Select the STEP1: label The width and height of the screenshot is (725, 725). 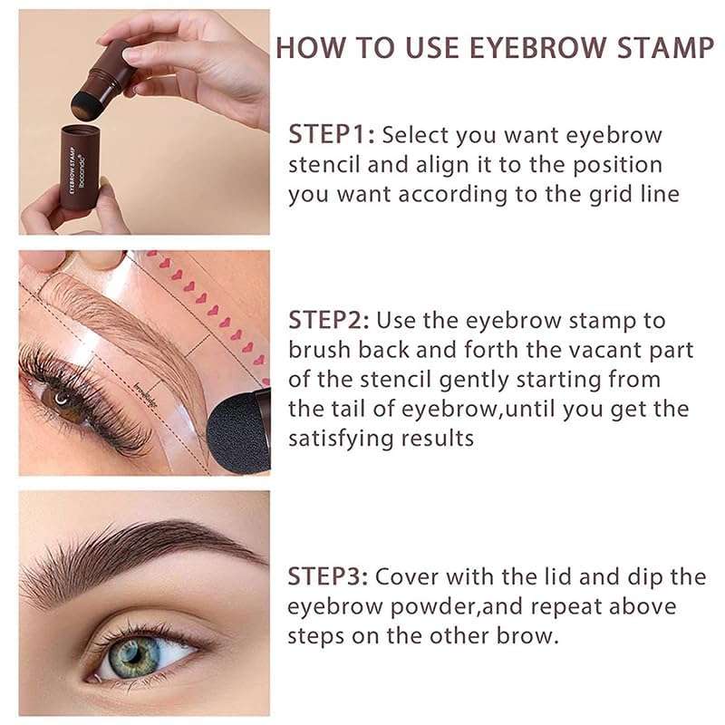point(331,136)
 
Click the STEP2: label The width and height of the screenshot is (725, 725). point(327,320)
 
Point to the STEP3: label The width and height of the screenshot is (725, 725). point(327,576)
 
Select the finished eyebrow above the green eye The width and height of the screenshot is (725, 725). point(136,553)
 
